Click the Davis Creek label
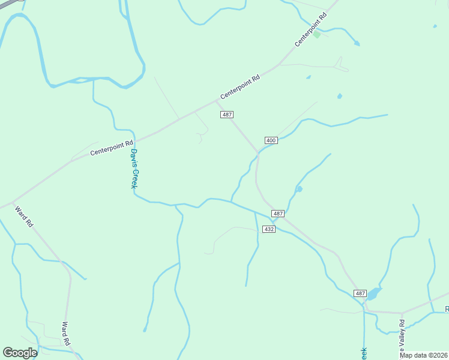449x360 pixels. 134,169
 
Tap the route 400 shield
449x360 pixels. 271,140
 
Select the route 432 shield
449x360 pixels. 269,229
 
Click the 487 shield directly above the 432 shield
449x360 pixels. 277,214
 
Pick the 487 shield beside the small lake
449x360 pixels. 360,293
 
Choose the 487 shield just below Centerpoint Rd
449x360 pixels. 226,115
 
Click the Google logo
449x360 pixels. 20,353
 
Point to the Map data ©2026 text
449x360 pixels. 423,355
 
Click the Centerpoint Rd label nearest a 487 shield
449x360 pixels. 240,87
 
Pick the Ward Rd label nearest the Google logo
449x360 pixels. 66,334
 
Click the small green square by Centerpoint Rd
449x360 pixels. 317,34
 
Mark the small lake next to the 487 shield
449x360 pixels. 373,293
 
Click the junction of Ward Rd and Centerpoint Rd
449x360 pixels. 13,202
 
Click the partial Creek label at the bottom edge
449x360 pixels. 363,353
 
